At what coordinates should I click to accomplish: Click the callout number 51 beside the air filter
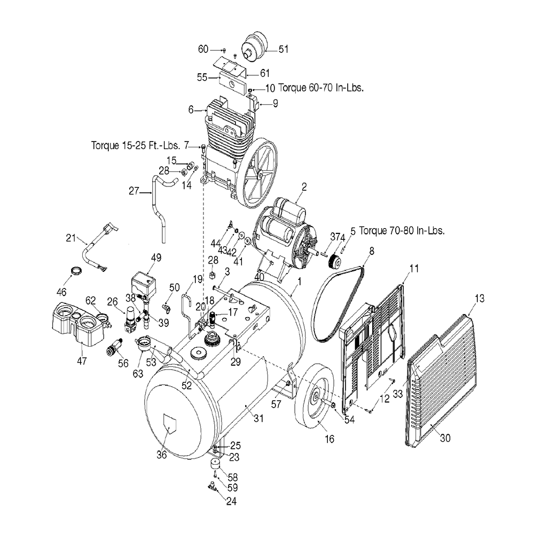click(283, 50)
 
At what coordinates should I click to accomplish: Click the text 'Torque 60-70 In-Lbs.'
click(320, 88)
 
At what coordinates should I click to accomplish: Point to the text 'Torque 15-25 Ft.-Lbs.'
click(136, 145)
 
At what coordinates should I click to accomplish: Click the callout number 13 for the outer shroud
click(480, 299)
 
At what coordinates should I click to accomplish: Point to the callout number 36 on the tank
click(161, 455)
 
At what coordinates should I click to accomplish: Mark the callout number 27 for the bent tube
click(133, 191)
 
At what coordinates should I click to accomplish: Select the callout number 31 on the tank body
click(259, 418)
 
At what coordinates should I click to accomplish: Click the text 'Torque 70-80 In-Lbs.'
click(402, 231)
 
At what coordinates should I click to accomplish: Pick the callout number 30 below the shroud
click(445, 438)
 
